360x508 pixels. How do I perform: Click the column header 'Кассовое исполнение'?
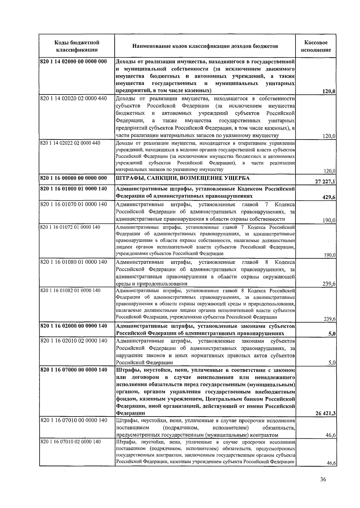point(316,46)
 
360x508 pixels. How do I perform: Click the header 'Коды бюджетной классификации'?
point(77,46)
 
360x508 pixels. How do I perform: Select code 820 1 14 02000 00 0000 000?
point(73,62)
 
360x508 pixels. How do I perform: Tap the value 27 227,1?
point(325,181)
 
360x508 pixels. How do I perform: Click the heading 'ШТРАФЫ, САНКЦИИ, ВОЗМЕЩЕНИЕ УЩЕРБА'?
point(183,178)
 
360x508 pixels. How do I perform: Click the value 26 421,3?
point(325,413)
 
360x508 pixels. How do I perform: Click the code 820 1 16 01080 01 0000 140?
point(73,262)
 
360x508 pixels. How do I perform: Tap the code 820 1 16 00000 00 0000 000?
point(73,178)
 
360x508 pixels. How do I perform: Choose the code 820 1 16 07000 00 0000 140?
point(73,370)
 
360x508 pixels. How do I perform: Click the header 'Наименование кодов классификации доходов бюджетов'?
point(205,46)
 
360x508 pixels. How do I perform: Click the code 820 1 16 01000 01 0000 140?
point(73,189)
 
